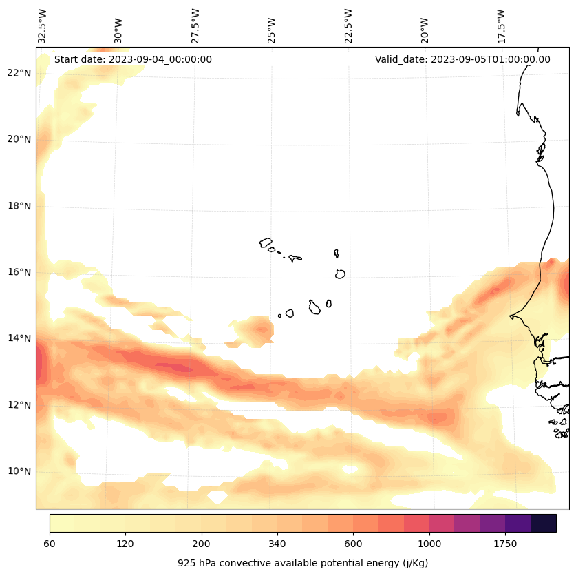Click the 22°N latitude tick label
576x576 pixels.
(x=19, y=73)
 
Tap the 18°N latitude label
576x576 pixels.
(x=19, y=205)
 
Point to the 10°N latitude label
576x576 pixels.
(x=19, y=471)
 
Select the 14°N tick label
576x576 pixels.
(x=19, y=338)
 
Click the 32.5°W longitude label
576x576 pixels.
(x=43, y=26)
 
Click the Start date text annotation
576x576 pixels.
(x=133, y=59)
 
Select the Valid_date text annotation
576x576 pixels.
(x=462, y=59)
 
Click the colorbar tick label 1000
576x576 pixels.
(x=429, y=544)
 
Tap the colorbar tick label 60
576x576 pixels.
(x=50, y=544)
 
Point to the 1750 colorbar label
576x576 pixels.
(x=505, y=544)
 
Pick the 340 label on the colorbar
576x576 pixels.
(x=277, y=544)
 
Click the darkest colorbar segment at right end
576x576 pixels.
(x=544, y=523)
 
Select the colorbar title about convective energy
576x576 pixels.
(x=303, y=563)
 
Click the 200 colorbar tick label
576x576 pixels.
(x=202, y=544)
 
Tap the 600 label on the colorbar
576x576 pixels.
(x=353, y=544)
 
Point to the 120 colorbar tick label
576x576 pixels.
(x=125, y=544)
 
